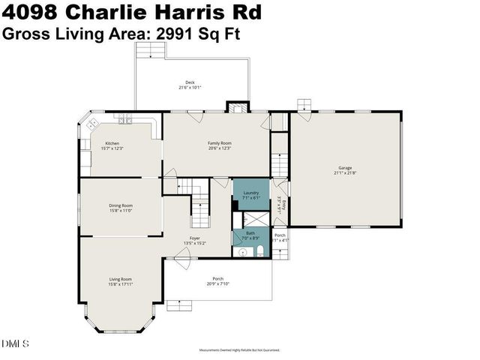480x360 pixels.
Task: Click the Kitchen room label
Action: tap(111, 145)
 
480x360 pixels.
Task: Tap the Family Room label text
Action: tap(219, 145)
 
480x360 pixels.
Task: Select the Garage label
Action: tap(345, 170)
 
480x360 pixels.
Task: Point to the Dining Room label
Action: tap(121, 208)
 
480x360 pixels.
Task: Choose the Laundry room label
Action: tap(250, 195)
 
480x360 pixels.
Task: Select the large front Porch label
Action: tap(217, 280)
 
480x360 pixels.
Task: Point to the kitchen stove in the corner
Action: tap(94, 124)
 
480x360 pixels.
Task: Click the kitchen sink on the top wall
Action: tap(123, 119)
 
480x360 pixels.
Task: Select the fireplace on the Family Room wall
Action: tap(238, 107)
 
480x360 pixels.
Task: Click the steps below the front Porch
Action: tap(179, 304)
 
